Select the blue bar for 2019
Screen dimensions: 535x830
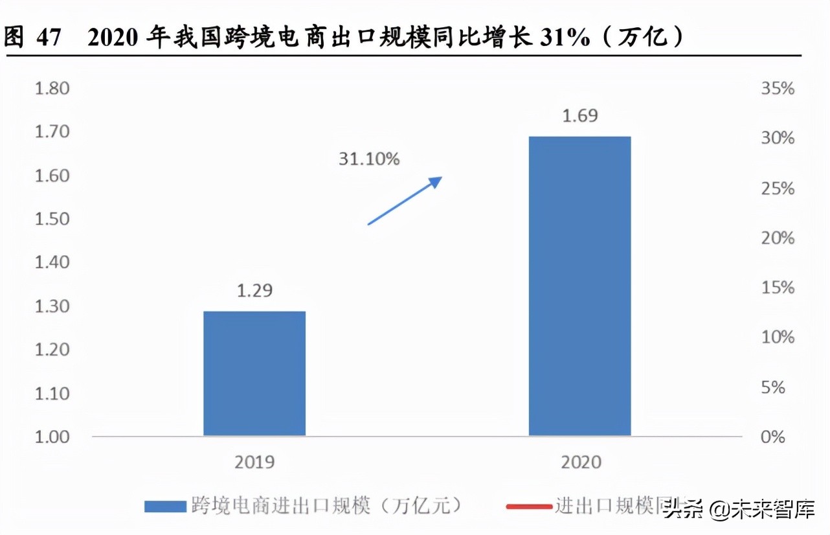tap(254, 373)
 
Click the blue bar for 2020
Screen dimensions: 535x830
tap(579, 286)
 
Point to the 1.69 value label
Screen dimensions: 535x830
tap(580, 117)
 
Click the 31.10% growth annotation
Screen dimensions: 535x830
tap(369, 158)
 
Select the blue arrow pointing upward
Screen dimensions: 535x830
tap(404, 201)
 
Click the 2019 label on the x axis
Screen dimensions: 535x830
tap(255, 462)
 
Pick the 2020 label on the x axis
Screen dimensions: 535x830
tap(580, 462)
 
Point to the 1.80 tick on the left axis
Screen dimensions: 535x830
tap(52, 87)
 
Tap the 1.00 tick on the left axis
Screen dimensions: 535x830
tap(52, 437)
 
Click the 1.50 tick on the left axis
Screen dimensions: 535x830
tap(52, 218)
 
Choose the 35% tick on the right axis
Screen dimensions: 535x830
tap(777, 88)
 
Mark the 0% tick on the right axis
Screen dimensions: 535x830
tap(774, 437)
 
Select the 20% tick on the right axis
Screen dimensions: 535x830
tap(777, 238)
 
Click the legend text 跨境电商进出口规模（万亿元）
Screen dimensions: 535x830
tap(328, 506)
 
